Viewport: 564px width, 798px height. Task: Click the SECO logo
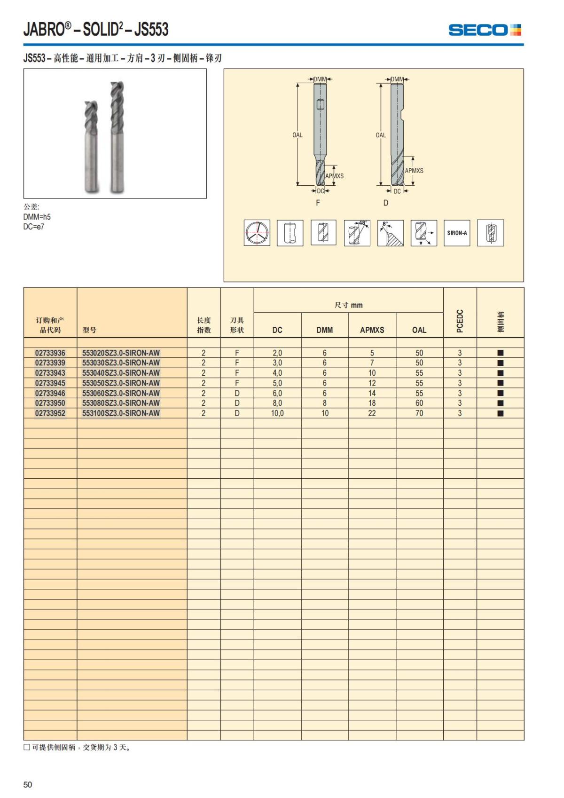(485, 30)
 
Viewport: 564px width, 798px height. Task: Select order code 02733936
(50, 353)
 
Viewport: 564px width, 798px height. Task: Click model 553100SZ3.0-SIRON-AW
(121, 413)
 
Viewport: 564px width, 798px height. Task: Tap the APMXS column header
(372, 330)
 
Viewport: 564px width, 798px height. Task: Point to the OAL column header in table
(419, 330)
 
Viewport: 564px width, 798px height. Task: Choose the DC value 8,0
(277, 403)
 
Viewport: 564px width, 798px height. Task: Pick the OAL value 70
(419, 413)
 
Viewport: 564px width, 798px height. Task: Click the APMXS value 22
(372, 413)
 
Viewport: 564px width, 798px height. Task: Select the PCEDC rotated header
(460, 321)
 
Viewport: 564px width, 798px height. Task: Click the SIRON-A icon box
(457, 233)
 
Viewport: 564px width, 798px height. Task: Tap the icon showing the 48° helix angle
(357, 233)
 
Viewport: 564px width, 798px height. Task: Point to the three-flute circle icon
(257, 233)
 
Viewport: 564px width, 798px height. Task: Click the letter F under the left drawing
(318, 203)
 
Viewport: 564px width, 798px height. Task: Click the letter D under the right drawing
(386, 203)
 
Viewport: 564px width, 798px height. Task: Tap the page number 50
(28, 784)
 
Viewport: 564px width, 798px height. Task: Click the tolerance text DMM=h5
(37, 217)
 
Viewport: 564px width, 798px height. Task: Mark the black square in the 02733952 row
(501, 413)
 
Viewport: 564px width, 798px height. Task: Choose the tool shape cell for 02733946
(237, 393)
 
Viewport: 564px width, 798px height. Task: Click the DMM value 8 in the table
(325, 403)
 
